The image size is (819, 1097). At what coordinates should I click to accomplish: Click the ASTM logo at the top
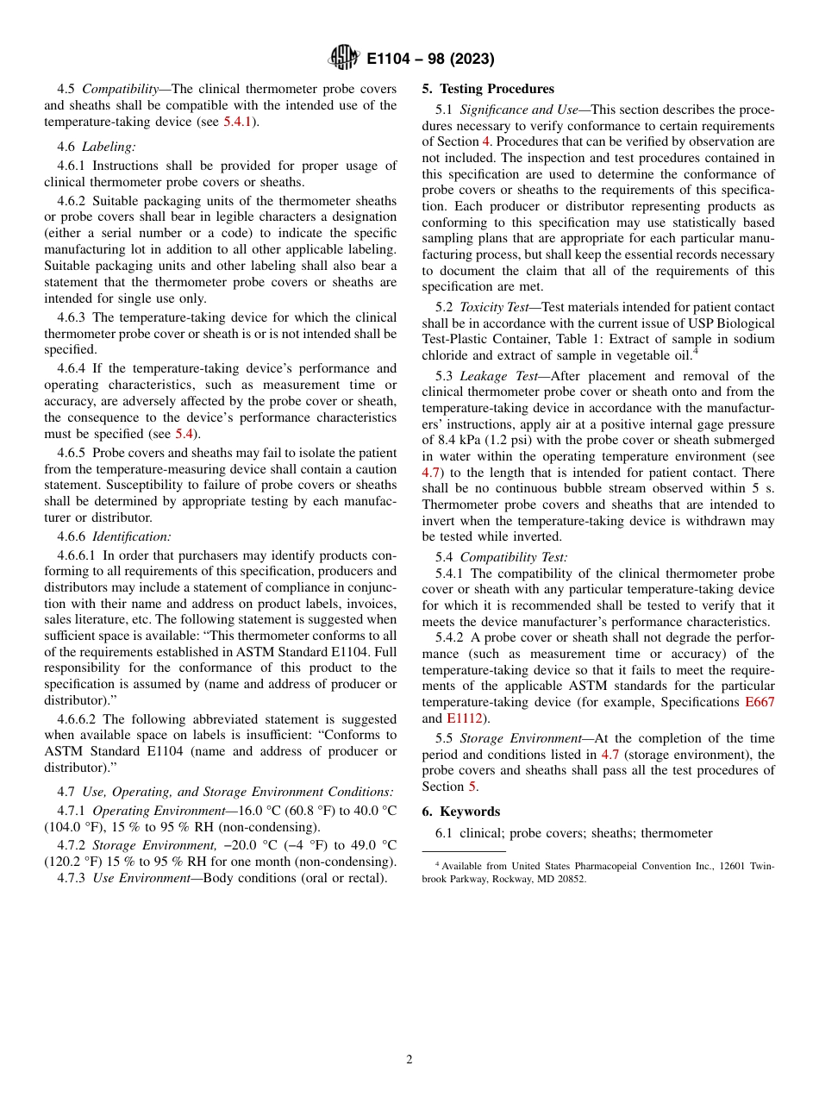[345, 59]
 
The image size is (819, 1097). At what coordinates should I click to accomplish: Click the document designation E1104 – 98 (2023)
[430, 60]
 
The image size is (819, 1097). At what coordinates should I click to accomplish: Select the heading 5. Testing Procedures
[488, 89]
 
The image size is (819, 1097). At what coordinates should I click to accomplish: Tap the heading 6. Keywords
[460, 812]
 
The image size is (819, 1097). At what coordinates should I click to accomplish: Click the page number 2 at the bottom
[409, 1060]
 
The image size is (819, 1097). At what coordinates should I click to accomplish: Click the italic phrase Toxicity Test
[494, 307]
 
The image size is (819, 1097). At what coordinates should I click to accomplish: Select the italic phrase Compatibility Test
[513, 558]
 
